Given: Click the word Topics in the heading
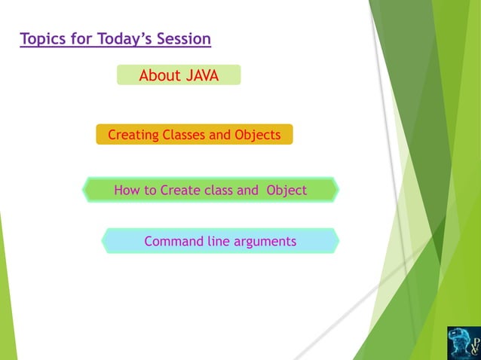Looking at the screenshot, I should pos(42,38).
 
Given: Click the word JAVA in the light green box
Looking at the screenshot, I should pos(201,75).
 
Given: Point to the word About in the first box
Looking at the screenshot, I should pos(160,75).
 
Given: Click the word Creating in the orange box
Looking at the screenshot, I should pos(133,135).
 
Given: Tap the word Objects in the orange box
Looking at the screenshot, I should pos(257,135).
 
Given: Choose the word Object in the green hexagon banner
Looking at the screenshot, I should pos(286,190).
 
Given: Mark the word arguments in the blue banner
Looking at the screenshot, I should pos(265,242).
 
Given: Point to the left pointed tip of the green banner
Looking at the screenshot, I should pos(84,190).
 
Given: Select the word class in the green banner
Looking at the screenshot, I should pos(219,190).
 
